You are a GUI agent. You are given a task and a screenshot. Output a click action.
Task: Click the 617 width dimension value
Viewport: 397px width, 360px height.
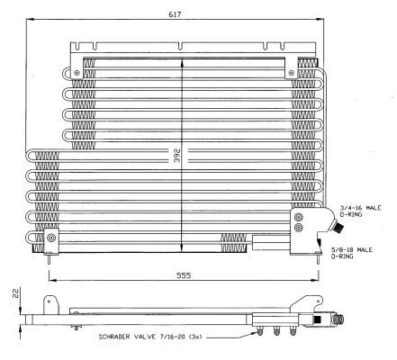[175, 14]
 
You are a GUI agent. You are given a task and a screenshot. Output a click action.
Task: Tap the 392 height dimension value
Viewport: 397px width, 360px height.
[177, 156]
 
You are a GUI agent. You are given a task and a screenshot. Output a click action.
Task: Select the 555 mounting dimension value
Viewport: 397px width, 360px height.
[184, 275]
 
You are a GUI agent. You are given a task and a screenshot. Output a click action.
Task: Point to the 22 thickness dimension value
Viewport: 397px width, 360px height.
[15, 293]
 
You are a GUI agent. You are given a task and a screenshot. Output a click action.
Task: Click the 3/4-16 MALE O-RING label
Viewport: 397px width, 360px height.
[360, 211]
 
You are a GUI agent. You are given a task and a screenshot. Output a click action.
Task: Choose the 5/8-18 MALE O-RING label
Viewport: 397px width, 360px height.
[352, 253]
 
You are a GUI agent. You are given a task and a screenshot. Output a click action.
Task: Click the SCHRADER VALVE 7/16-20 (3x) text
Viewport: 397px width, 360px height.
[150, 337]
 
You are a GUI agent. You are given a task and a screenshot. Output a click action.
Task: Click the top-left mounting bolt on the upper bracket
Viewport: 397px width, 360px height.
[77, 73]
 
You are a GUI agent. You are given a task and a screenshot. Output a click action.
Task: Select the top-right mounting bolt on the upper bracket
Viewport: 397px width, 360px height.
[291, 73]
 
